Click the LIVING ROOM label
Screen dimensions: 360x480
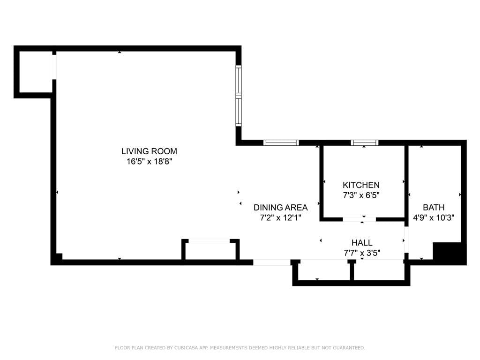149,151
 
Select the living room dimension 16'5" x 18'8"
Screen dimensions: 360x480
149,162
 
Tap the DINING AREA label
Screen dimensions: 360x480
280,207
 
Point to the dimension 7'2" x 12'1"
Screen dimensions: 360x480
280,217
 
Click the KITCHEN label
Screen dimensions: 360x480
361,185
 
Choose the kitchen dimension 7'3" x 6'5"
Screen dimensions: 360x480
361,195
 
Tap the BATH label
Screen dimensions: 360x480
434,207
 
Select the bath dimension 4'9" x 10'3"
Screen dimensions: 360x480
434,217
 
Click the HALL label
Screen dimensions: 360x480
362,242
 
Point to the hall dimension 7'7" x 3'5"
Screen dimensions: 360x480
362,253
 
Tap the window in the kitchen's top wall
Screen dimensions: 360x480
365,143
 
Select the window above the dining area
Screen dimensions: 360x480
281,143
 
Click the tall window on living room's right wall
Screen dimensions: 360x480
238,96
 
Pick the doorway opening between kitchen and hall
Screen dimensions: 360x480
360,219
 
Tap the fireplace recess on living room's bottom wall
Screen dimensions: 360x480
210,251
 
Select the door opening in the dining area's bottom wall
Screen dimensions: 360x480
272,262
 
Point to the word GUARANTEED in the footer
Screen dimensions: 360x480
347,348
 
